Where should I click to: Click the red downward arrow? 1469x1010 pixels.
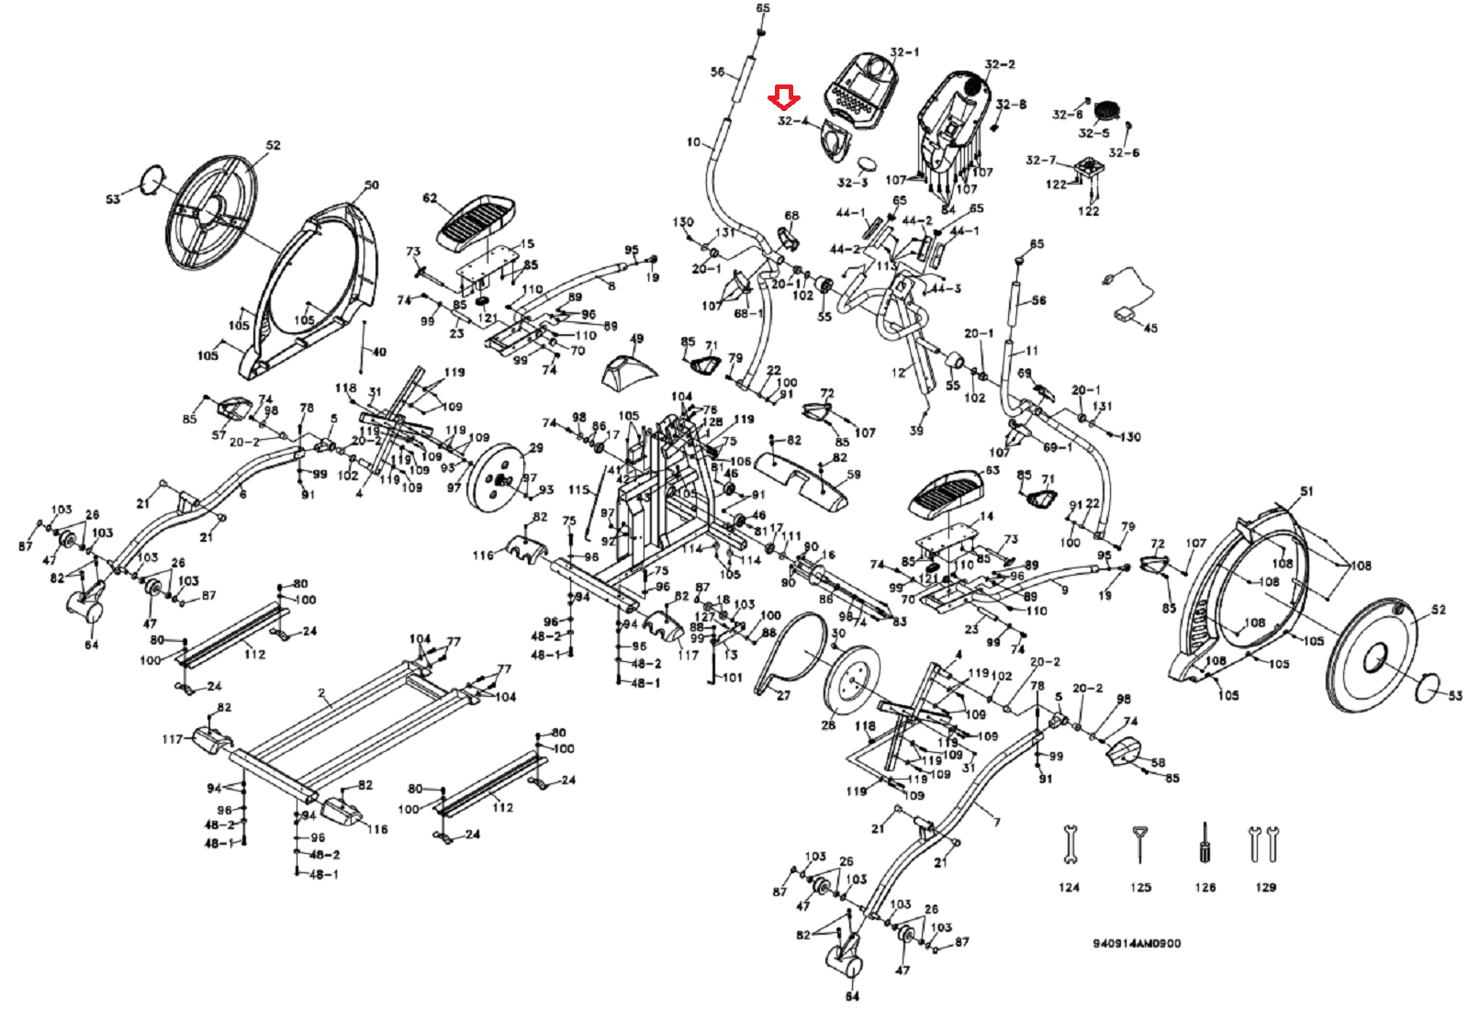point(784,96)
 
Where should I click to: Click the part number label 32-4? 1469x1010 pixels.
point(793,121)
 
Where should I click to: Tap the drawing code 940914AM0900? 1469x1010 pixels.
point(1137,944)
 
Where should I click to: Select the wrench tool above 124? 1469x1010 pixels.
point(1069,845)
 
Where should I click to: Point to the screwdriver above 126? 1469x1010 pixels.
point(1204,842)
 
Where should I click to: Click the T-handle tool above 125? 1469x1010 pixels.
point(1139,843)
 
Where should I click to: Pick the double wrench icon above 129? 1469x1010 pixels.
point(1263,843)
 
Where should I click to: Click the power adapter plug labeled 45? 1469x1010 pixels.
point(1125,314)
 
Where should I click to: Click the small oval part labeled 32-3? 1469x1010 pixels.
point(869,165)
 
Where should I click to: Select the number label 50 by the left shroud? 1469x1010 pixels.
point(371,185)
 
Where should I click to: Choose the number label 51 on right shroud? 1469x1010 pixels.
point(1306,491)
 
